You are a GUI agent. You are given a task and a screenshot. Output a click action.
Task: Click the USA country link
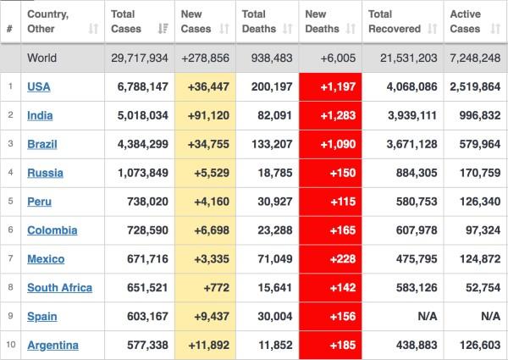pos(38,86)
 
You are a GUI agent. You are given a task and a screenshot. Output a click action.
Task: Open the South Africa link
pos(58,287)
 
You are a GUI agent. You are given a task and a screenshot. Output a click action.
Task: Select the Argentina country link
pos(52,345)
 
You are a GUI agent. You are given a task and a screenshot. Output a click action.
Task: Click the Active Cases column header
pos(465,21)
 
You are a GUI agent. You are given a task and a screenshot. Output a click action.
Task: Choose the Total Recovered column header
pos(395,21)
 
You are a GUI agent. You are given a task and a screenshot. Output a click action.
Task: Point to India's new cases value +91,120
pos(207,114)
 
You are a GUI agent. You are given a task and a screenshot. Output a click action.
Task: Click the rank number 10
pos(10,345)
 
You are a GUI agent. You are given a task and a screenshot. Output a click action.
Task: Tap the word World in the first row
pos(42,58)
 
